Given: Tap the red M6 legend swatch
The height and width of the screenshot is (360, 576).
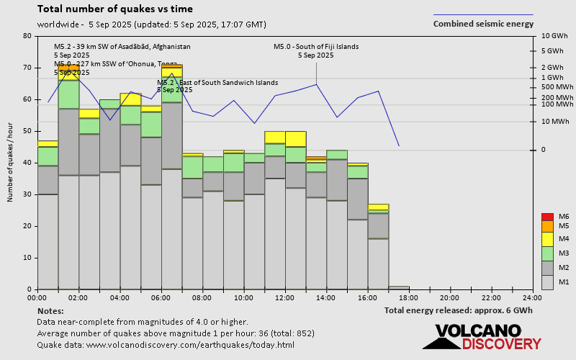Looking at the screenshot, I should tap(547, 217).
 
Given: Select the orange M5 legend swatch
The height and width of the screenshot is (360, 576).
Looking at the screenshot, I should tap(547, 226).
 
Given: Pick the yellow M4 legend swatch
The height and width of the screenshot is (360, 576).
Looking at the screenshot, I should tap(547, 239).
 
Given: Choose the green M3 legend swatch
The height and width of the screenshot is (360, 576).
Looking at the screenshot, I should tap(547, 253).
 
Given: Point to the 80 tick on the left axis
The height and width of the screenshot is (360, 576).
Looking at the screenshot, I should tap(27, 36).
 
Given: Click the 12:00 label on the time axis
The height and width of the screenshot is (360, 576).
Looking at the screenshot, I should tap(284, 297).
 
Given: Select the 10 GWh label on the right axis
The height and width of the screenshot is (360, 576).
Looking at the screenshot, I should tap(554, 36).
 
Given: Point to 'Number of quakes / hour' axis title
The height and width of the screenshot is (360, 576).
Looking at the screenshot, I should tap(11, 162).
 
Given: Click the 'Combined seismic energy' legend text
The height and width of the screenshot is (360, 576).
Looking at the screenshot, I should tap(483, 24).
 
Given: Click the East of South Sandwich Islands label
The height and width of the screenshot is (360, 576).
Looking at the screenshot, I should tap(217, 82).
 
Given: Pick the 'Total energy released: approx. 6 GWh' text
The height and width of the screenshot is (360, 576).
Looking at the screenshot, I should tap(459, 310).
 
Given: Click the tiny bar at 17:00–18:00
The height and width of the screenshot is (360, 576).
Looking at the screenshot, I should tap(399, 287).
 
